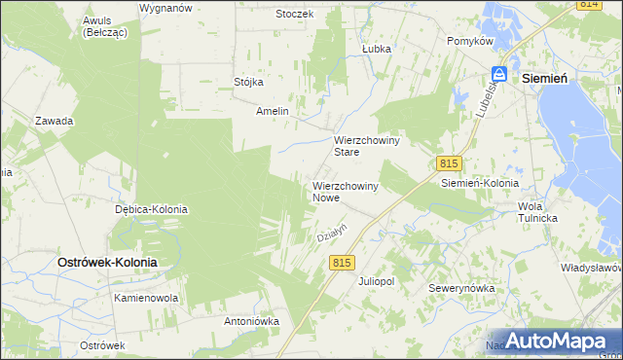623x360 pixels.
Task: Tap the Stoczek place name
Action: (293, 14)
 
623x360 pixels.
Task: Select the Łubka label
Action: (376, 48)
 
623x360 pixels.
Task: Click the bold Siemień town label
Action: (546, 77)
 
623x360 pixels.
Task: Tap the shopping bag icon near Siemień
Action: (499, 74)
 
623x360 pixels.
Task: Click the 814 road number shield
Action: (587, 5)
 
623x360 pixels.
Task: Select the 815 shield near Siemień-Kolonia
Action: (448, 163)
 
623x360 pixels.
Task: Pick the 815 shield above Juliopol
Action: (341, 263)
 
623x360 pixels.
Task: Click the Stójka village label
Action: (249, 82)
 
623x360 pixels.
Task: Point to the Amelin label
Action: (273, 111)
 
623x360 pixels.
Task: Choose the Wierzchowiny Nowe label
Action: (345, 191)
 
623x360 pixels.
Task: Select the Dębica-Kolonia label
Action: (151, 209)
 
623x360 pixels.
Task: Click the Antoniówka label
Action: (252, 320)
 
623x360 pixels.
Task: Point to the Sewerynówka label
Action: (462, 289)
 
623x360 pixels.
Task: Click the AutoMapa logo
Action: (554, 341)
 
